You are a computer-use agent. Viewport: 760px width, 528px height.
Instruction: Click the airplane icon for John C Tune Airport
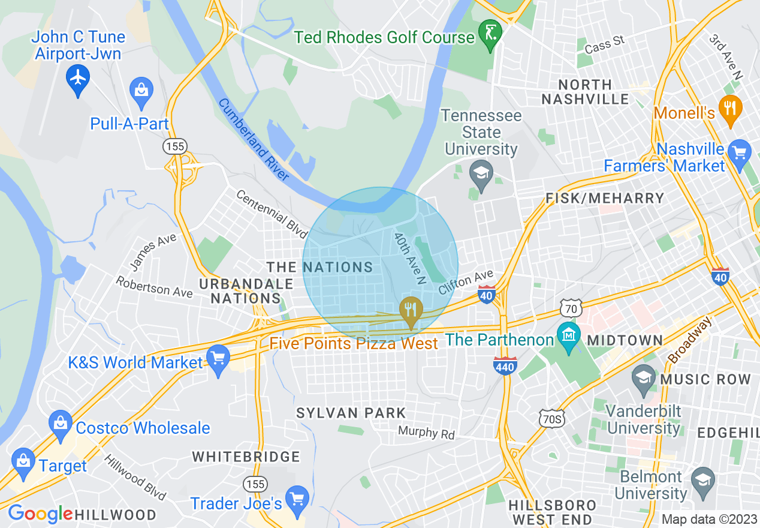(78, 77)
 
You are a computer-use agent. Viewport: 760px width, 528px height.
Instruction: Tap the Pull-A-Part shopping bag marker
(141, 91)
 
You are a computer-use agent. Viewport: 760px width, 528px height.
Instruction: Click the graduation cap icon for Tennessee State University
(481, 173)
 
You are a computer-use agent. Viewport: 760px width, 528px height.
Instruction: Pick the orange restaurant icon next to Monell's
(729, 109)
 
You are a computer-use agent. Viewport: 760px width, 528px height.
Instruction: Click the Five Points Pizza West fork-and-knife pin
(411, 310)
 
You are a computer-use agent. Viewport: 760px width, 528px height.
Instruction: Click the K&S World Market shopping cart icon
(218, 358)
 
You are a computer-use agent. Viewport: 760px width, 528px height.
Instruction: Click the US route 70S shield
(551, 419)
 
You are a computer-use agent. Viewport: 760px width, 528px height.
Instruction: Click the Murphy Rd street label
(427, 433)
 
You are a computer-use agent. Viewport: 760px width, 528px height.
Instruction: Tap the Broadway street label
(691, 340)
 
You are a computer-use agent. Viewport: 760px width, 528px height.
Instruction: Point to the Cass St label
(604, 44)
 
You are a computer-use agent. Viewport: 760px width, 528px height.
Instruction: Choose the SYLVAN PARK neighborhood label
(352, 413)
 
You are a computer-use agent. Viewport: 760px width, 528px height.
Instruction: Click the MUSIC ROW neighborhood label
(705, 379)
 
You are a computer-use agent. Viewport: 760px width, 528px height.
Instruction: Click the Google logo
(40, 514)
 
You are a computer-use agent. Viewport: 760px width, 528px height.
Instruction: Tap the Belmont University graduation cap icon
(703, 481)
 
